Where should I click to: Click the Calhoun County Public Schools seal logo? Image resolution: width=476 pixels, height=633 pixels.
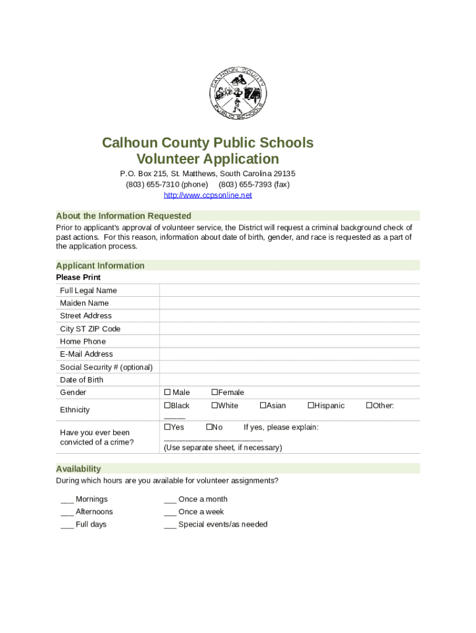[238, 93]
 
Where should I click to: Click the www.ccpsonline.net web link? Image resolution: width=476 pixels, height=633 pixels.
[208, 195]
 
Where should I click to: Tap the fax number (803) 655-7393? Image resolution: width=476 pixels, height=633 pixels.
[253, 184]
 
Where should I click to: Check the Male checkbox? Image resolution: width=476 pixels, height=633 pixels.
[167, 393]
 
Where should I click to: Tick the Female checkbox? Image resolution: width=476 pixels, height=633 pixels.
[215, 393]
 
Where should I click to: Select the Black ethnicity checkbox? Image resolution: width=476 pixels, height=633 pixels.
[167, 406]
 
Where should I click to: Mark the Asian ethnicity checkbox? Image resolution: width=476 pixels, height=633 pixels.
[263, 406]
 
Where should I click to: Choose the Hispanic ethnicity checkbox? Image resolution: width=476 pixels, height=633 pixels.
[311, 406]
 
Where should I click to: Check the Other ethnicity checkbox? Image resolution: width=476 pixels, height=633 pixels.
[369, 406]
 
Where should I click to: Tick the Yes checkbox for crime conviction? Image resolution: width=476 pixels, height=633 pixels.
[167, 427]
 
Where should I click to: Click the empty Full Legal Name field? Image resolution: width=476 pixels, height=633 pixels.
[289, 291]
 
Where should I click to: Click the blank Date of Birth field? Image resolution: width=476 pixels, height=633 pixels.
[289, 380]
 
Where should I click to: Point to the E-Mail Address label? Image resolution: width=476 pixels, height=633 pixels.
[87, 354]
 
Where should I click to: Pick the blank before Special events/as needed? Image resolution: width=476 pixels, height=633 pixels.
[170, 525]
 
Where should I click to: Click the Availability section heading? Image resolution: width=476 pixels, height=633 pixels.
[79, 469]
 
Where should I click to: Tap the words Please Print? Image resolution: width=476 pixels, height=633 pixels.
[79, 278]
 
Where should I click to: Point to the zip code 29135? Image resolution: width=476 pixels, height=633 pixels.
[283, 174]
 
